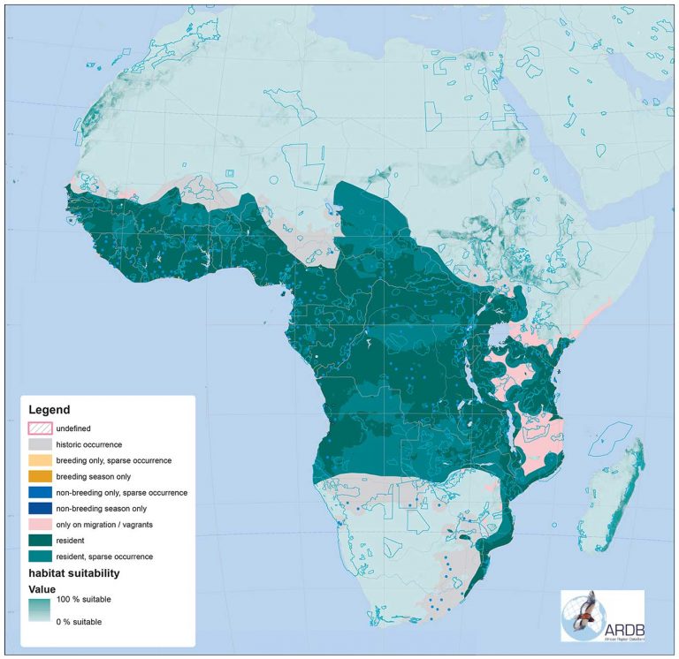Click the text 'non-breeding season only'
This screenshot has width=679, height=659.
pos(112,508)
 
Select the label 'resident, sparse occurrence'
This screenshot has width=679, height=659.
pos(115,556)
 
